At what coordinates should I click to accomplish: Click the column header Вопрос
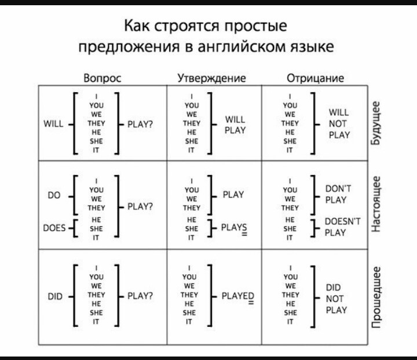[103, 78]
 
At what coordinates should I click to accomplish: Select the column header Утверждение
[211, 78]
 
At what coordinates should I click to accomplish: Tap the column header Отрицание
[316, 78]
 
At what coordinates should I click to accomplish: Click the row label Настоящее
[376, 204]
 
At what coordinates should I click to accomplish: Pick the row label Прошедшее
[376, 296]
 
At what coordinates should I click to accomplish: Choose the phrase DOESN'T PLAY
[342, 227]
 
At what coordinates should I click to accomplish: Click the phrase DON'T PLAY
[336, 194]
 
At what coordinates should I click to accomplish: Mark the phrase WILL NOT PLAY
[339, 123]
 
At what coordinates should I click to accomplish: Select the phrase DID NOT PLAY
[336, 298]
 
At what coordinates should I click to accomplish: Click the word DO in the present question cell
[54, 195]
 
